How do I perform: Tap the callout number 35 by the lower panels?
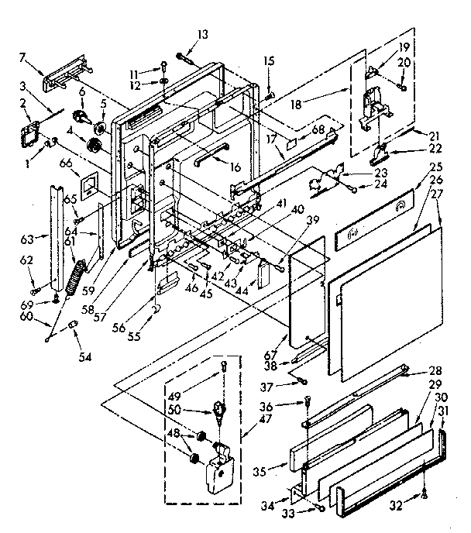click(260, 469)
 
